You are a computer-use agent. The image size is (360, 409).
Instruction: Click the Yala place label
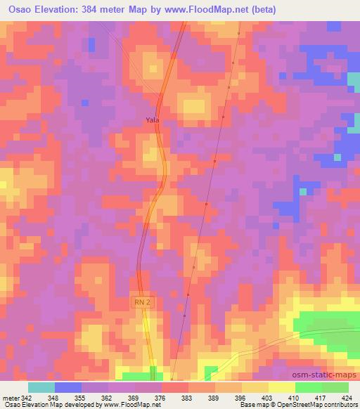click(153, 120)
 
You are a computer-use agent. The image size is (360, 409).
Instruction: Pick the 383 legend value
click(187, 398)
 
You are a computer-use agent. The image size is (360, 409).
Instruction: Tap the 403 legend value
click(267, 398)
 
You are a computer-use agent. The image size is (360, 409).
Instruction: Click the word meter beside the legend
click(11, 398)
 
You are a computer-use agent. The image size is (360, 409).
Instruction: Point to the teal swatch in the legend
click(41, 387)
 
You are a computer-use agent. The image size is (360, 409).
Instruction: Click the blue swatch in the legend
click(68, 387)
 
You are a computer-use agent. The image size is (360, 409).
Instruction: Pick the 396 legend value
click(240, 398)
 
